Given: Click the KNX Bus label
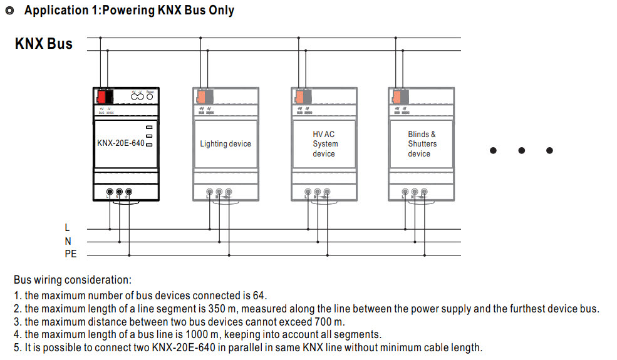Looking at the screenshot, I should pyautogui.click(x=44, y=44).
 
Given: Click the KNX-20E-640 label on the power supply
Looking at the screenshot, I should pyautogui.click(x=120, y=143).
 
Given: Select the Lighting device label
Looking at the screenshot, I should pyautogui.click(x=226, y=144).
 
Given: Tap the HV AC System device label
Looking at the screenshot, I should pyautogui.click(x=324, y=144).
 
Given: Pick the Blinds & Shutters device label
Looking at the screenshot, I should pyautogui.click(x=422, y=144).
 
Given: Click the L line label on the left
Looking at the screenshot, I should pyautogui.click(x=68, y=227).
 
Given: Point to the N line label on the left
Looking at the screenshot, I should pyautogui.click(x=68, y=241).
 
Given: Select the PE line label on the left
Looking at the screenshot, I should pyautogui.click(x=70, y=254).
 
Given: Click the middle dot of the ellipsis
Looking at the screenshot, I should pyautogui.click(x=521, y=150).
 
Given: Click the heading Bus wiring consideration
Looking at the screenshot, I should pyautogui.click(x=73, y=280).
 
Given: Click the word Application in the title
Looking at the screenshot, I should pyautogui.click(x=53, y=11).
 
